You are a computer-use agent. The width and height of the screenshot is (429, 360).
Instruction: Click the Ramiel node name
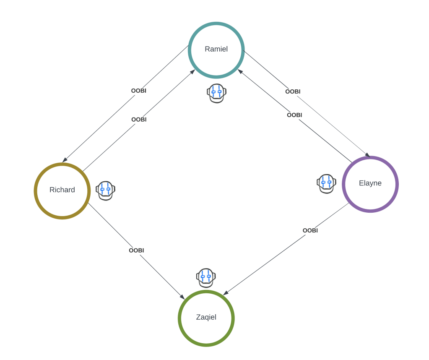(216, 49)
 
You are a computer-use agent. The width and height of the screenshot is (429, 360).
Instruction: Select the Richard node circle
(62, 191)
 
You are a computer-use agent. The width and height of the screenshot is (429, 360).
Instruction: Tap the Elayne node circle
(370, 184)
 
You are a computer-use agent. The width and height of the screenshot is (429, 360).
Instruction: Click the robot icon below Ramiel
(216, 93)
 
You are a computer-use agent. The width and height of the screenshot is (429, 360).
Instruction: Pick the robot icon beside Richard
(105, 190)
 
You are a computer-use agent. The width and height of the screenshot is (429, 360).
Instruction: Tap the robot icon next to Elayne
(326, 183)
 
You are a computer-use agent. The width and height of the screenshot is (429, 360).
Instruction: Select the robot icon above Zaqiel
(206, 278)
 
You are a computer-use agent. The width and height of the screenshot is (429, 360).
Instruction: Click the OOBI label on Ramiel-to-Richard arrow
(139, 91)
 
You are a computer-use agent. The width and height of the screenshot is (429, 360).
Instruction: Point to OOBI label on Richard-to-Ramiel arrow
(139, 120)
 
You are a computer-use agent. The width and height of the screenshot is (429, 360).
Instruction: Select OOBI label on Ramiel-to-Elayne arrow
(293, 92)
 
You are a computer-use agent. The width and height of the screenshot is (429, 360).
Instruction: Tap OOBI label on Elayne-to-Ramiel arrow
(294, 115)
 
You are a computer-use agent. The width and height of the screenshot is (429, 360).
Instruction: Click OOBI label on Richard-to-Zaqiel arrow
(136, 250)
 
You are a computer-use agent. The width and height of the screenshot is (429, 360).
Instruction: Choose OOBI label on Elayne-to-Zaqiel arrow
(310, 230)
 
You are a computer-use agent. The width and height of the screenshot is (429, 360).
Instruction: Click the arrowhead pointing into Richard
(64, 160)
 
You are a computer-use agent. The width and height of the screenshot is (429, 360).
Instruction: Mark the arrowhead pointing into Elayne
(368, 155)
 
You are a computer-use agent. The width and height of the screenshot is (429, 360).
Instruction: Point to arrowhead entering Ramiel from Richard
(193, 71)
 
